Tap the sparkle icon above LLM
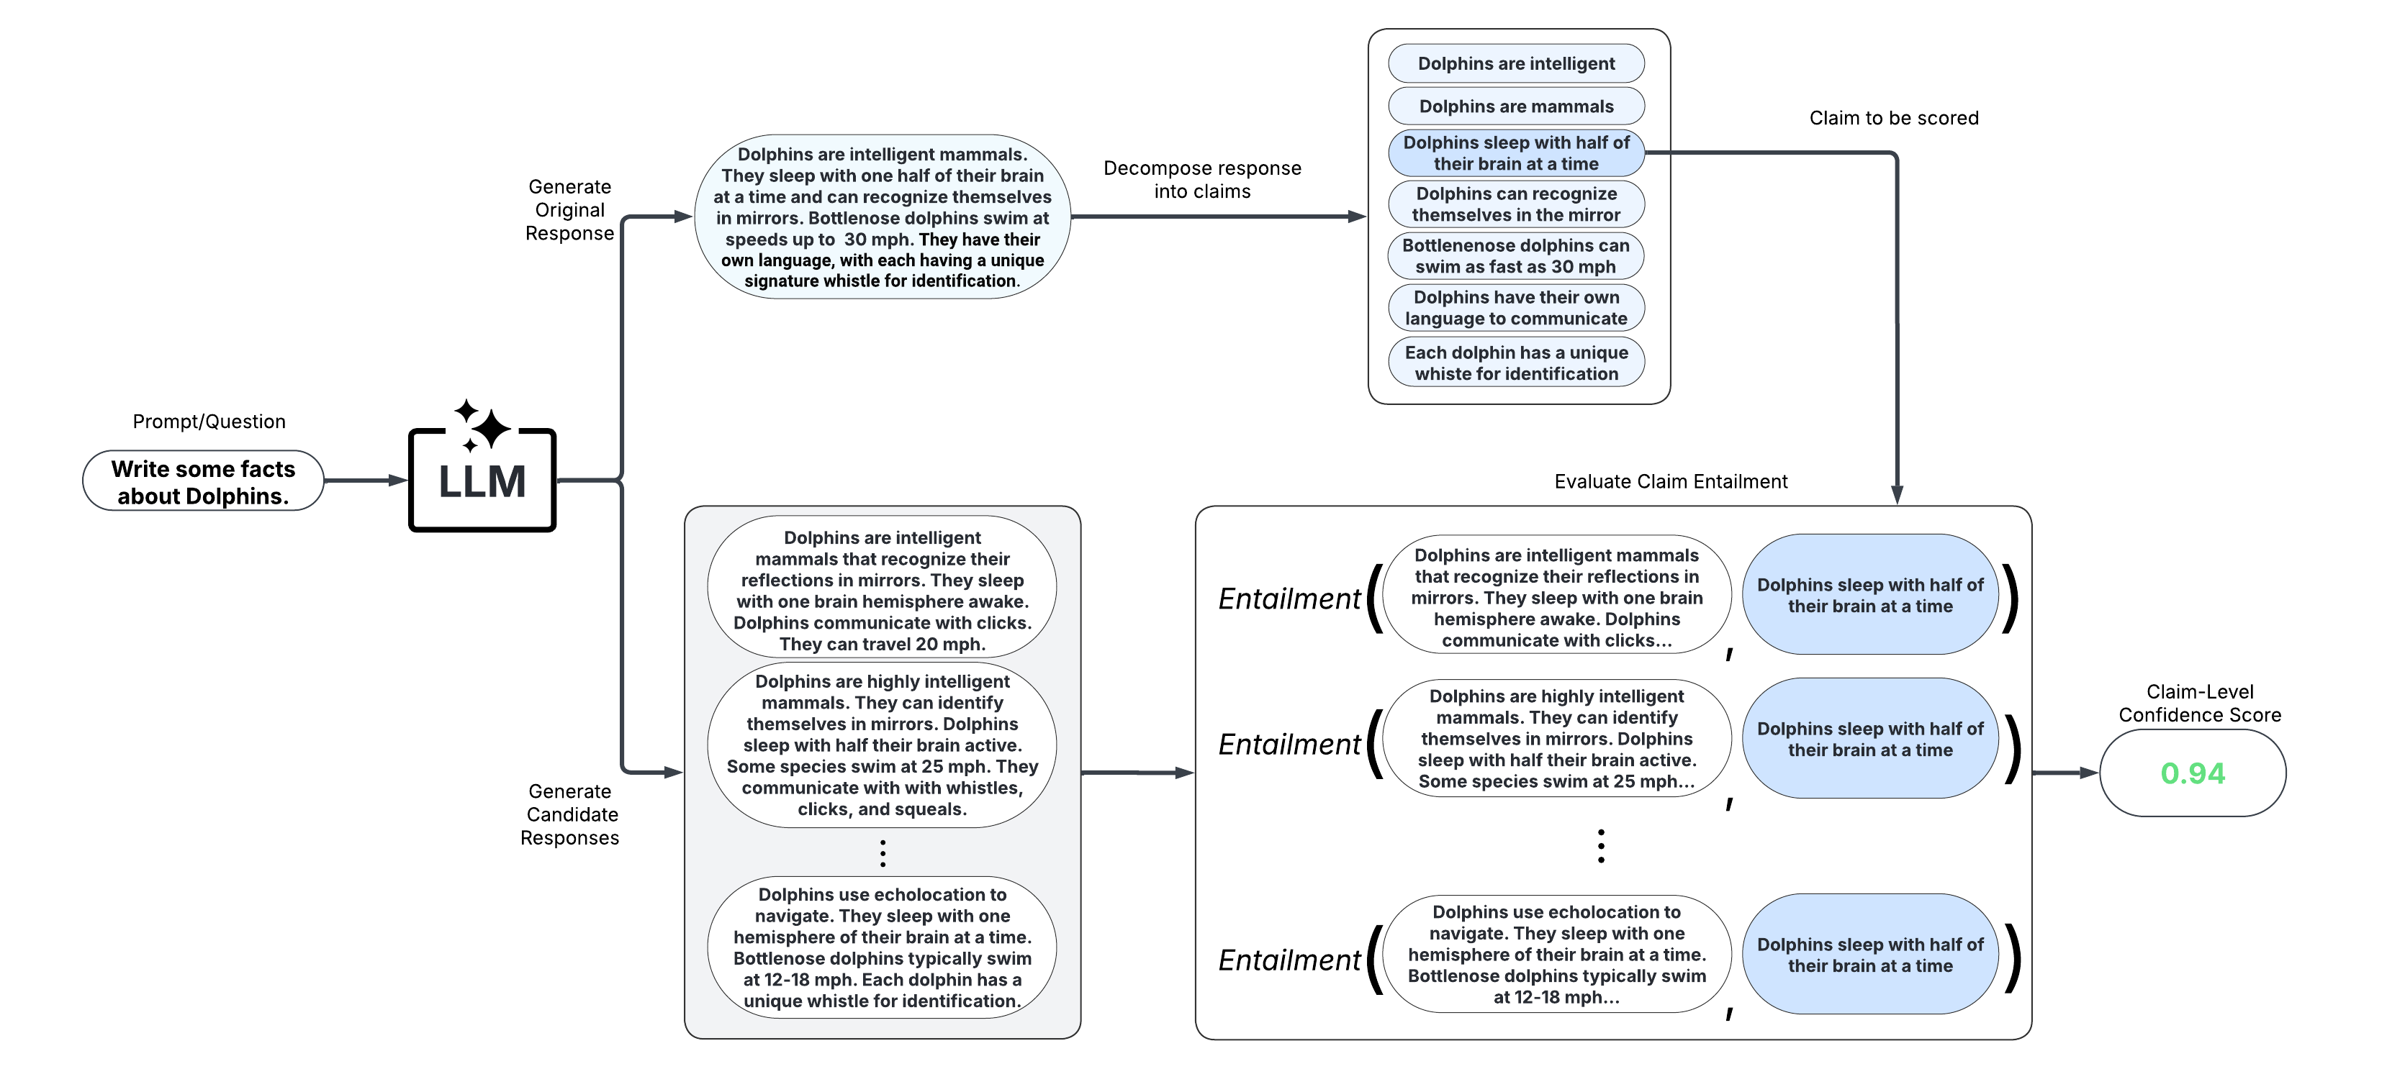pos(482,425)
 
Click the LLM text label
pos(482,483)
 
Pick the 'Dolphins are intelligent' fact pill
pos(1516,64)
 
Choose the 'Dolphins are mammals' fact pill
pos(1516,106)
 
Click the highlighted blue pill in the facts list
pos(1516,153)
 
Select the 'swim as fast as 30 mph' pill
pos(1516,255)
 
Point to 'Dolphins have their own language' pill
pos(1516,308)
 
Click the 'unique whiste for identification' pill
pos(1516,362)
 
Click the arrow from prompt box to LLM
pos(366,481)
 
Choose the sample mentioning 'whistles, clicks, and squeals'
pos(882,745)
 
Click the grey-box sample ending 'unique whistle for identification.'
pos(882,947)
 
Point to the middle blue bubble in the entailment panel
pos(1870,740)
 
